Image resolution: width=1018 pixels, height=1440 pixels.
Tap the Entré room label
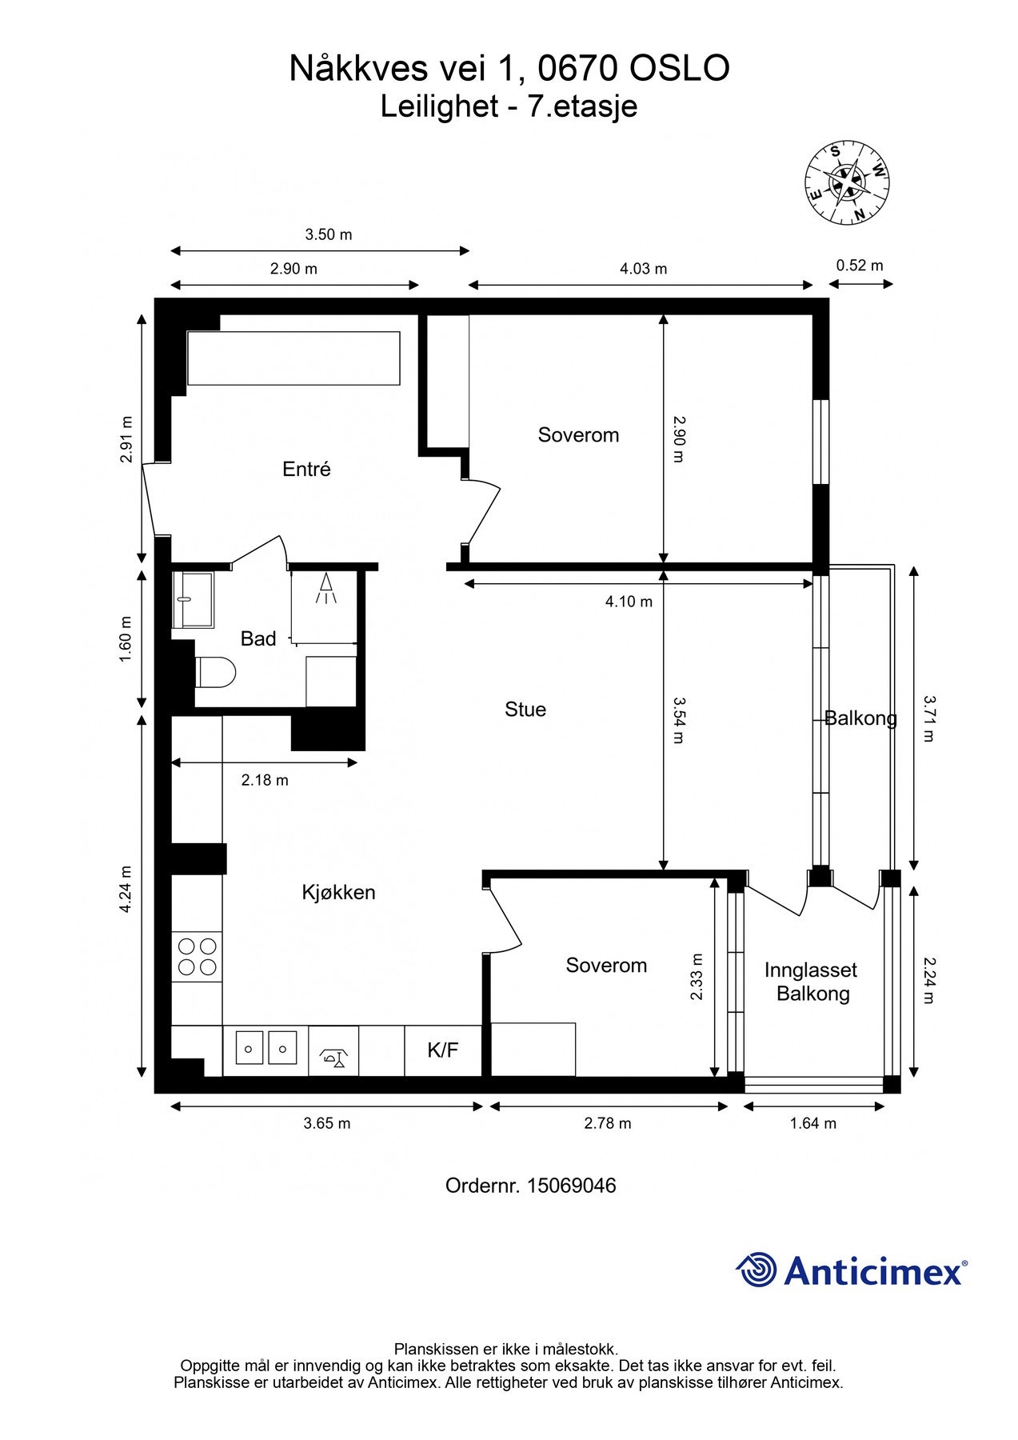click(306, 470)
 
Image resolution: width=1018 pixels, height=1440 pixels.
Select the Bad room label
click(258, 638)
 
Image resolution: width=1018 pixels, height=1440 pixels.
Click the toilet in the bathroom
click(215, 672)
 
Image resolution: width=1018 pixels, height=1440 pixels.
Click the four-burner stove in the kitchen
click(198, 956)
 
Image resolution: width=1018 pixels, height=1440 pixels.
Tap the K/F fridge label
click(442, 1050)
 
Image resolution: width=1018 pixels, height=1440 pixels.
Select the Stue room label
click(525, 710)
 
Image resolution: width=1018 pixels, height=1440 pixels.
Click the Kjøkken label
click(338, 893)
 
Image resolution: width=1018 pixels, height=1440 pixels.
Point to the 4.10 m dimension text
click(629, 602)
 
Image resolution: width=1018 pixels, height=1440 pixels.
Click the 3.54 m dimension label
click(678, 720)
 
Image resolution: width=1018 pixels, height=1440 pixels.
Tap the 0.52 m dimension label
click(860, 266)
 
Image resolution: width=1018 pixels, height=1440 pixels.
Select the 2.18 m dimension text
click(265, 780)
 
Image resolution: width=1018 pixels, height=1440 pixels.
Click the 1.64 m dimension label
click(813, 1123)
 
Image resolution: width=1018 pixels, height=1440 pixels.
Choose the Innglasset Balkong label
click(811, 982)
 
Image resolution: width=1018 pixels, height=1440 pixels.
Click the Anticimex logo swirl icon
click(757, 1270)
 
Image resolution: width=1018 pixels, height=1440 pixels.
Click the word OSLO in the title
click(680, 69)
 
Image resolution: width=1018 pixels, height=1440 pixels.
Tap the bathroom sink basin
click(193, 600)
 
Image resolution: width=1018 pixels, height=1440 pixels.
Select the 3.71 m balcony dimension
click(928, 718)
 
